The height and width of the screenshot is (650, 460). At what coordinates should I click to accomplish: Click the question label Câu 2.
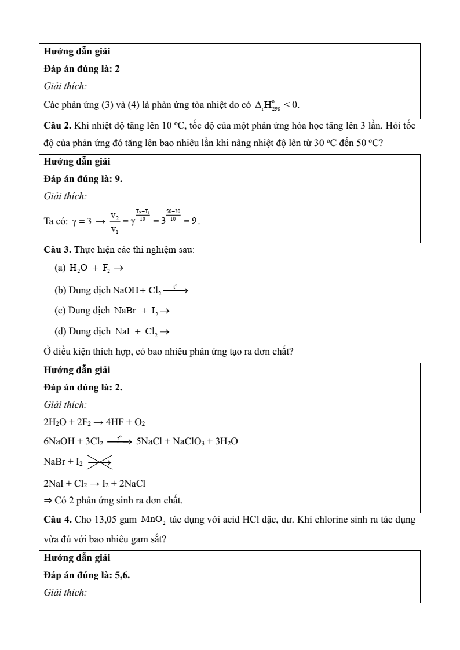58,126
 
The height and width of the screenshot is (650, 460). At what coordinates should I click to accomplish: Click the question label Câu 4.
58,520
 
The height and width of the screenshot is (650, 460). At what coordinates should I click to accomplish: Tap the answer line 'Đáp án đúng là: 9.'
83,179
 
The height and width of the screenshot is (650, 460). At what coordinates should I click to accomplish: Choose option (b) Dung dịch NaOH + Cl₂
122,289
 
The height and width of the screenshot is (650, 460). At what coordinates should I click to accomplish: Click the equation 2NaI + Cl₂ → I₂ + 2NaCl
94,483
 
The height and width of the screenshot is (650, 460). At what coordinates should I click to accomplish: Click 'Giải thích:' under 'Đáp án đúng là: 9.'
65,196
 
